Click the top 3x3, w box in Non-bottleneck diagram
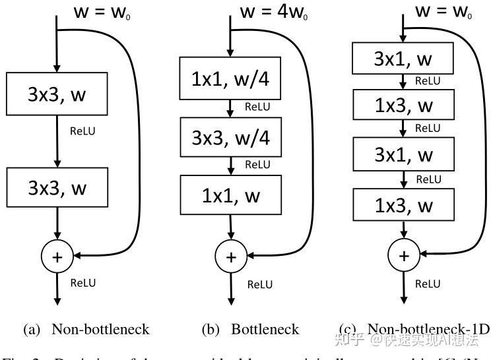(57, 94)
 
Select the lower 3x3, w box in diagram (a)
(57, 188)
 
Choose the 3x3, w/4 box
(230, 137)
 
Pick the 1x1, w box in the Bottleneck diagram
(230, 195)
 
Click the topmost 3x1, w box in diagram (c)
(403, 59)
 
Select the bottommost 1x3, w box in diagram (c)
(403, 206)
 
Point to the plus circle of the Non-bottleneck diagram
(57, 255)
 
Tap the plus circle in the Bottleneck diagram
(230, 255)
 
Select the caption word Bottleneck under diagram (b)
(265, 329)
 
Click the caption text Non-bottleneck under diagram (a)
(100, 329)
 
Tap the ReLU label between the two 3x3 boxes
(82, 131)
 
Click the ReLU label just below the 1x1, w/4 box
(257, 107)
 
